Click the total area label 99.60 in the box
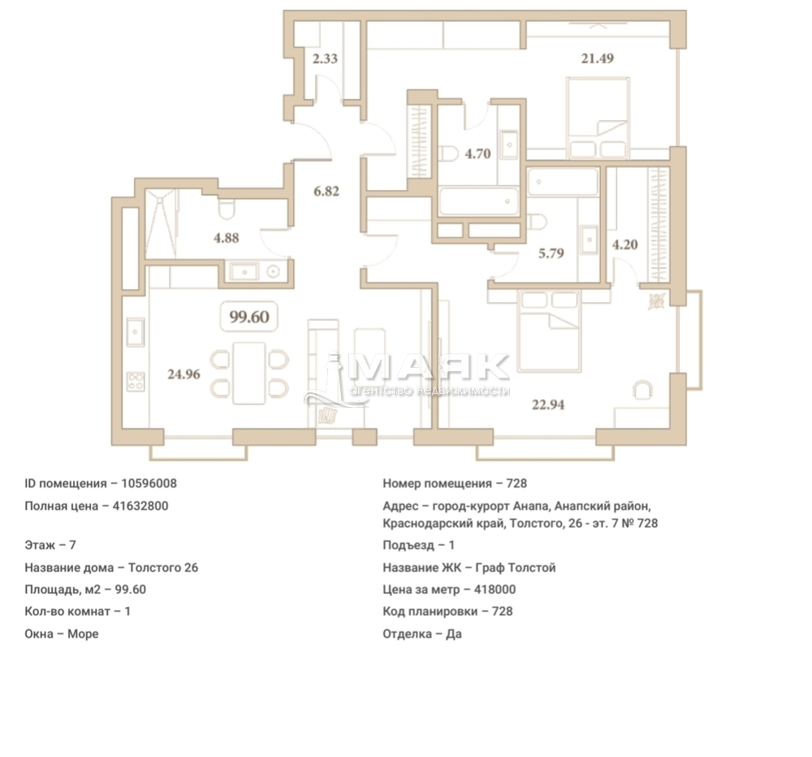pyautogui.click(x=249, y=317)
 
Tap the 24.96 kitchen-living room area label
pyautogui.click(x=184, y=374)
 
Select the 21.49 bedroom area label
pyautogui.click(x=597, y=58)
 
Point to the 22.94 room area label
pyautogui.click(x=548, y=404)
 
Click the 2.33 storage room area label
pyautogui.click(x=326, y=58)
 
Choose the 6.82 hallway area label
pyautogui.click(x=326, y=191)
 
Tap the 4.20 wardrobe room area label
pyautogui.click(x=625, y=244)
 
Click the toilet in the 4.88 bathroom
pyautogui.click(x=227, y=208)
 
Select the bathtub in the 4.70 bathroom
pyautogui.click(x=478, y=201)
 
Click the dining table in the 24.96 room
pyautogui.click(x=249, y=373)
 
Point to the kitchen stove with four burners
pyautogui.click(x=136, y=382)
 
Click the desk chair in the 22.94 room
pyautogui.click(x=642, y=390)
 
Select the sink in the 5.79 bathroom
pyautogui.click(x=588, y=240)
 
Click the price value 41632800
pyautogui.click(x=140, y=506)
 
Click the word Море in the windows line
pyautogui.click(x=83, y=634)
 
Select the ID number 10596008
pyautogui.click(x=149, y=483)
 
